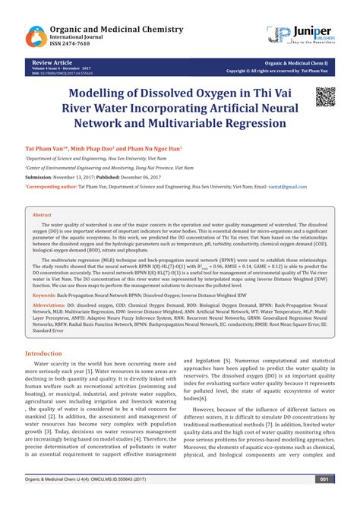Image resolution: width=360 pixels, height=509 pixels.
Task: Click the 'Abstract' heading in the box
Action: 43,216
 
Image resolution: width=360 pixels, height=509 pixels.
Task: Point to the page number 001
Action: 324,500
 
